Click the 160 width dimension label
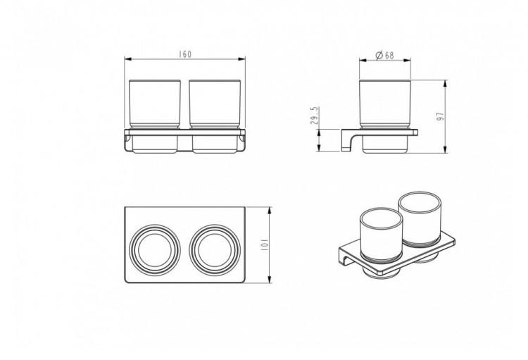tap(185, 54)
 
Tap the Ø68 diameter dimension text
tap(384, 55)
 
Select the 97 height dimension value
tap(441, 116)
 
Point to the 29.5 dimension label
tap(315, 116)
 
